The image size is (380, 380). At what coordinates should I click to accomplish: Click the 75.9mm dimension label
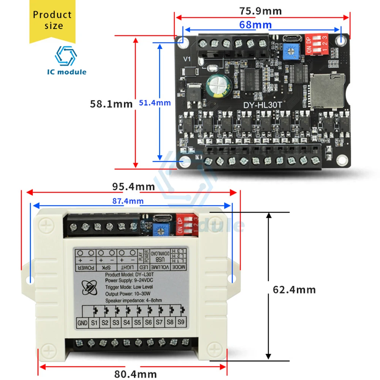261,11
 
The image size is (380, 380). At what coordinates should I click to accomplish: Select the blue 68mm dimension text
255,25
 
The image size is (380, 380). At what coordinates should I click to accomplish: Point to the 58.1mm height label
111,103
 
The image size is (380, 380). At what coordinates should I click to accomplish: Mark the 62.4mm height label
294,290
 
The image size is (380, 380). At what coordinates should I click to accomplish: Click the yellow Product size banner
52,21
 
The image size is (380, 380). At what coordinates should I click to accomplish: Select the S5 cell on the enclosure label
138,323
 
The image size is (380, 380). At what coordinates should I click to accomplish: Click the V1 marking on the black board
187,59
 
